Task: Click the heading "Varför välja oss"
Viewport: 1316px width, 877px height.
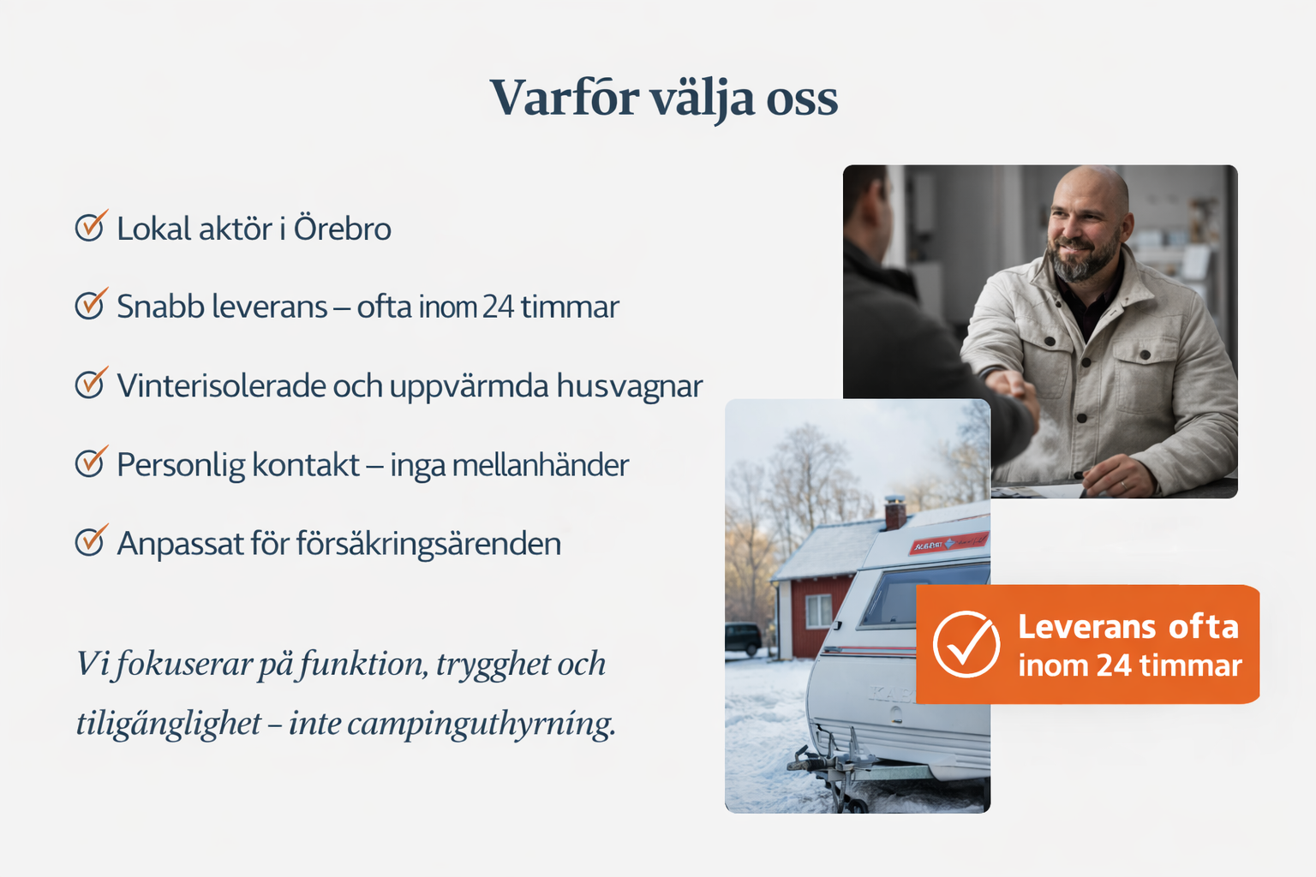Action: coord(664,98)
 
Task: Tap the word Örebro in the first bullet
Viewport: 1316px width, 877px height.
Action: coord(342,228)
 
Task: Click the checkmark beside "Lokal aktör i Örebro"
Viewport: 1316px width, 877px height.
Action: coord(92,225)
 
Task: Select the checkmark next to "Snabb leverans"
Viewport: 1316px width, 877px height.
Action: coord(92,304)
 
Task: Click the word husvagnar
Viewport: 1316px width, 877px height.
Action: coord(629,385)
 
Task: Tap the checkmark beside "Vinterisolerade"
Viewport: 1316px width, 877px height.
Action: coord(92,382)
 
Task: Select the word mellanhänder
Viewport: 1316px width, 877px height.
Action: coord(540,465)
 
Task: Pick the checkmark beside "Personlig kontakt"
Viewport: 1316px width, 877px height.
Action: coord(92,461)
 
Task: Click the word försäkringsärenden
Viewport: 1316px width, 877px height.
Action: coord(428,543)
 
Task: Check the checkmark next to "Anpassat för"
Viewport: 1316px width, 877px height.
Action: coord(92,540)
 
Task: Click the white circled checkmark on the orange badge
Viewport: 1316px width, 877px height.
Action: coord(966,644)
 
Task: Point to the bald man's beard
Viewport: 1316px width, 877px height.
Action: coord(1084,259)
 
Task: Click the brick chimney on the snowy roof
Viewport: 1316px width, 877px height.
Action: coord(894,512)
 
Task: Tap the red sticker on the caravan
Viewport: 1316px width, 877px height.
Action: coord(948,543)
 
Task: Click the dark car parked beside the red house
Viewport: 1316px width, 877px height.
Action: coord(743,639)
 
